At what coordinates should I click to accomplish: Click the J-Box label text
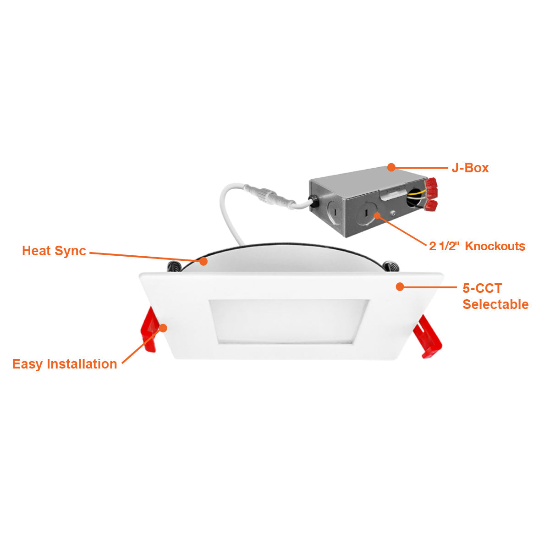(470, 168)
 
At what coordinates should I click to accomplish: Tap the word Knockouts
(495, 246)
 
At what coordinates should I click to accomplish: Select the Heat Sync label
(54, 251)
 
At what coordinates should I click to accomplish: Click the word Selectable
(495, 304)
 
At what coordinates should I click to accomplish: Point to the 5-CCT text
(482, 288)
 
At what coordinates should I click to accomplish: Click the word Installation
(82, 364)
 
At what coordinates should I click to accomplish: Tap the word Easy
(27, 364)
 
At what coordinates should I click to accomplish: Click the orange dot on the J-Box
(391, 167)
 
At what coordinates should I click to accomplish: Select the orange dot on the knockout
(377, 215)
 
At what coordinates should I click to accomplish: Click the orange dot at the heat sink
(203, 261)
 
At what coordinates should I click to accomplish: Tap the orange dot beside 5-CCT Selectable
(400, 287)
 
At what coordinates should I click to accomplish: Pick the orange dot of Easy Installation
(163, 328)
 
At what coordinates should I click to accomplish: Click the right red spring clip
(427, 337)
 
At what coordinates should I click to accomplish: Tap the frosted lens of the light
(289, 321)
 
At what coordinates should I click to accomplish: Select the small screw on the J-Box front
(393, 213)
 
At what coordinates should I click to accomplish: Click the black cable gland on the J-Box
(313, 200)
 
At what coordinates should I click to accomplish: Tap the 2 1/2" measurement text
(444, 246)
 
